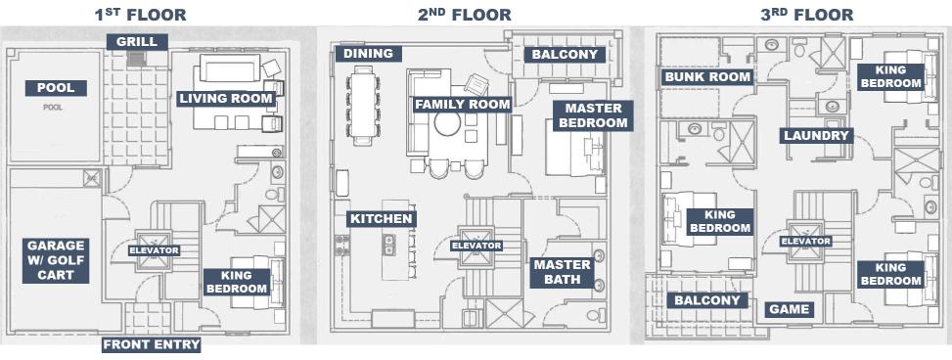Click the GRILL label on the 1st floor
coord(137,42)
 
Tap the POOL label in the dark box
coord(56,88)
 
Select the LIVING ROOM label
coord(225,99)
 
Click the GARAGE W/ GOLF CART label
coord(56,260)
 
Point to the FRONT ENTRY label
coord(152,344)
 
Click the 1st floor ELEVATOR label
coord(154,250)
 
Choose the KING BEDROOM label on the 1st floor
coord(237,282)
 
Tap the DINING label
coord(369,54)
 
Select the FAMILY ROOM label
coord(463,105)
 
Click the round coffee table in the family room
coord(447,123)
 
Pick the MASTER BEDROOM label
coord(593,115)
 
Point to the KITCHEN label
coord(382,218)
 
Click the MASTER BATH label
coord(563,272)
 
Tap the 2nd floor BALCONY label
coord(566,55)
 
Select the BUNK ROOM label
coord(708,77)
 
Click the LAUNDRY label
coord(817,135)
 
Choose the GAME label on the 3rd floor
coord(790,309)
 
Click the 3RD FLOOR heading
coord(807,14)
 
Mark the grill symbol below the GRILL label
coord(137,59)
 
